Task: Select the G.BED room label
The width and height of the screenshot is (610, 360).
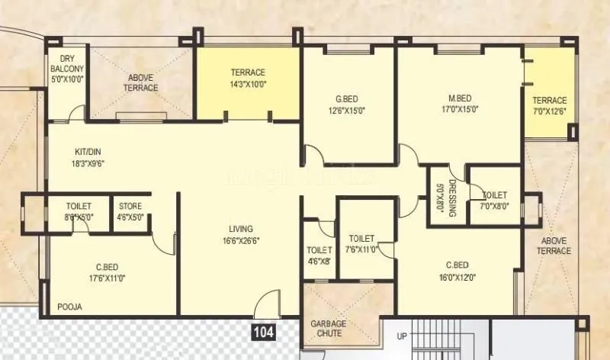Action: click(346, 99)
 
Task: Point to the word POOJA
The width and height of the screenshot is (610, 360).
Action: click(69, 307)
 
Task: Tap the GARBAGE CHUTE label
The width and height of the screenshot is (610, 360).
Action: click(328, 329)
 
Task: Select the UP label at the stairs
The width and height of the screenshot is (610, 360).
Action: click(401, 336)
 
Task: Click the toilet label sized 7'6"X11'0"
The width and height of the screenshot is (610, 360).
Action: click(361, 238)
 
